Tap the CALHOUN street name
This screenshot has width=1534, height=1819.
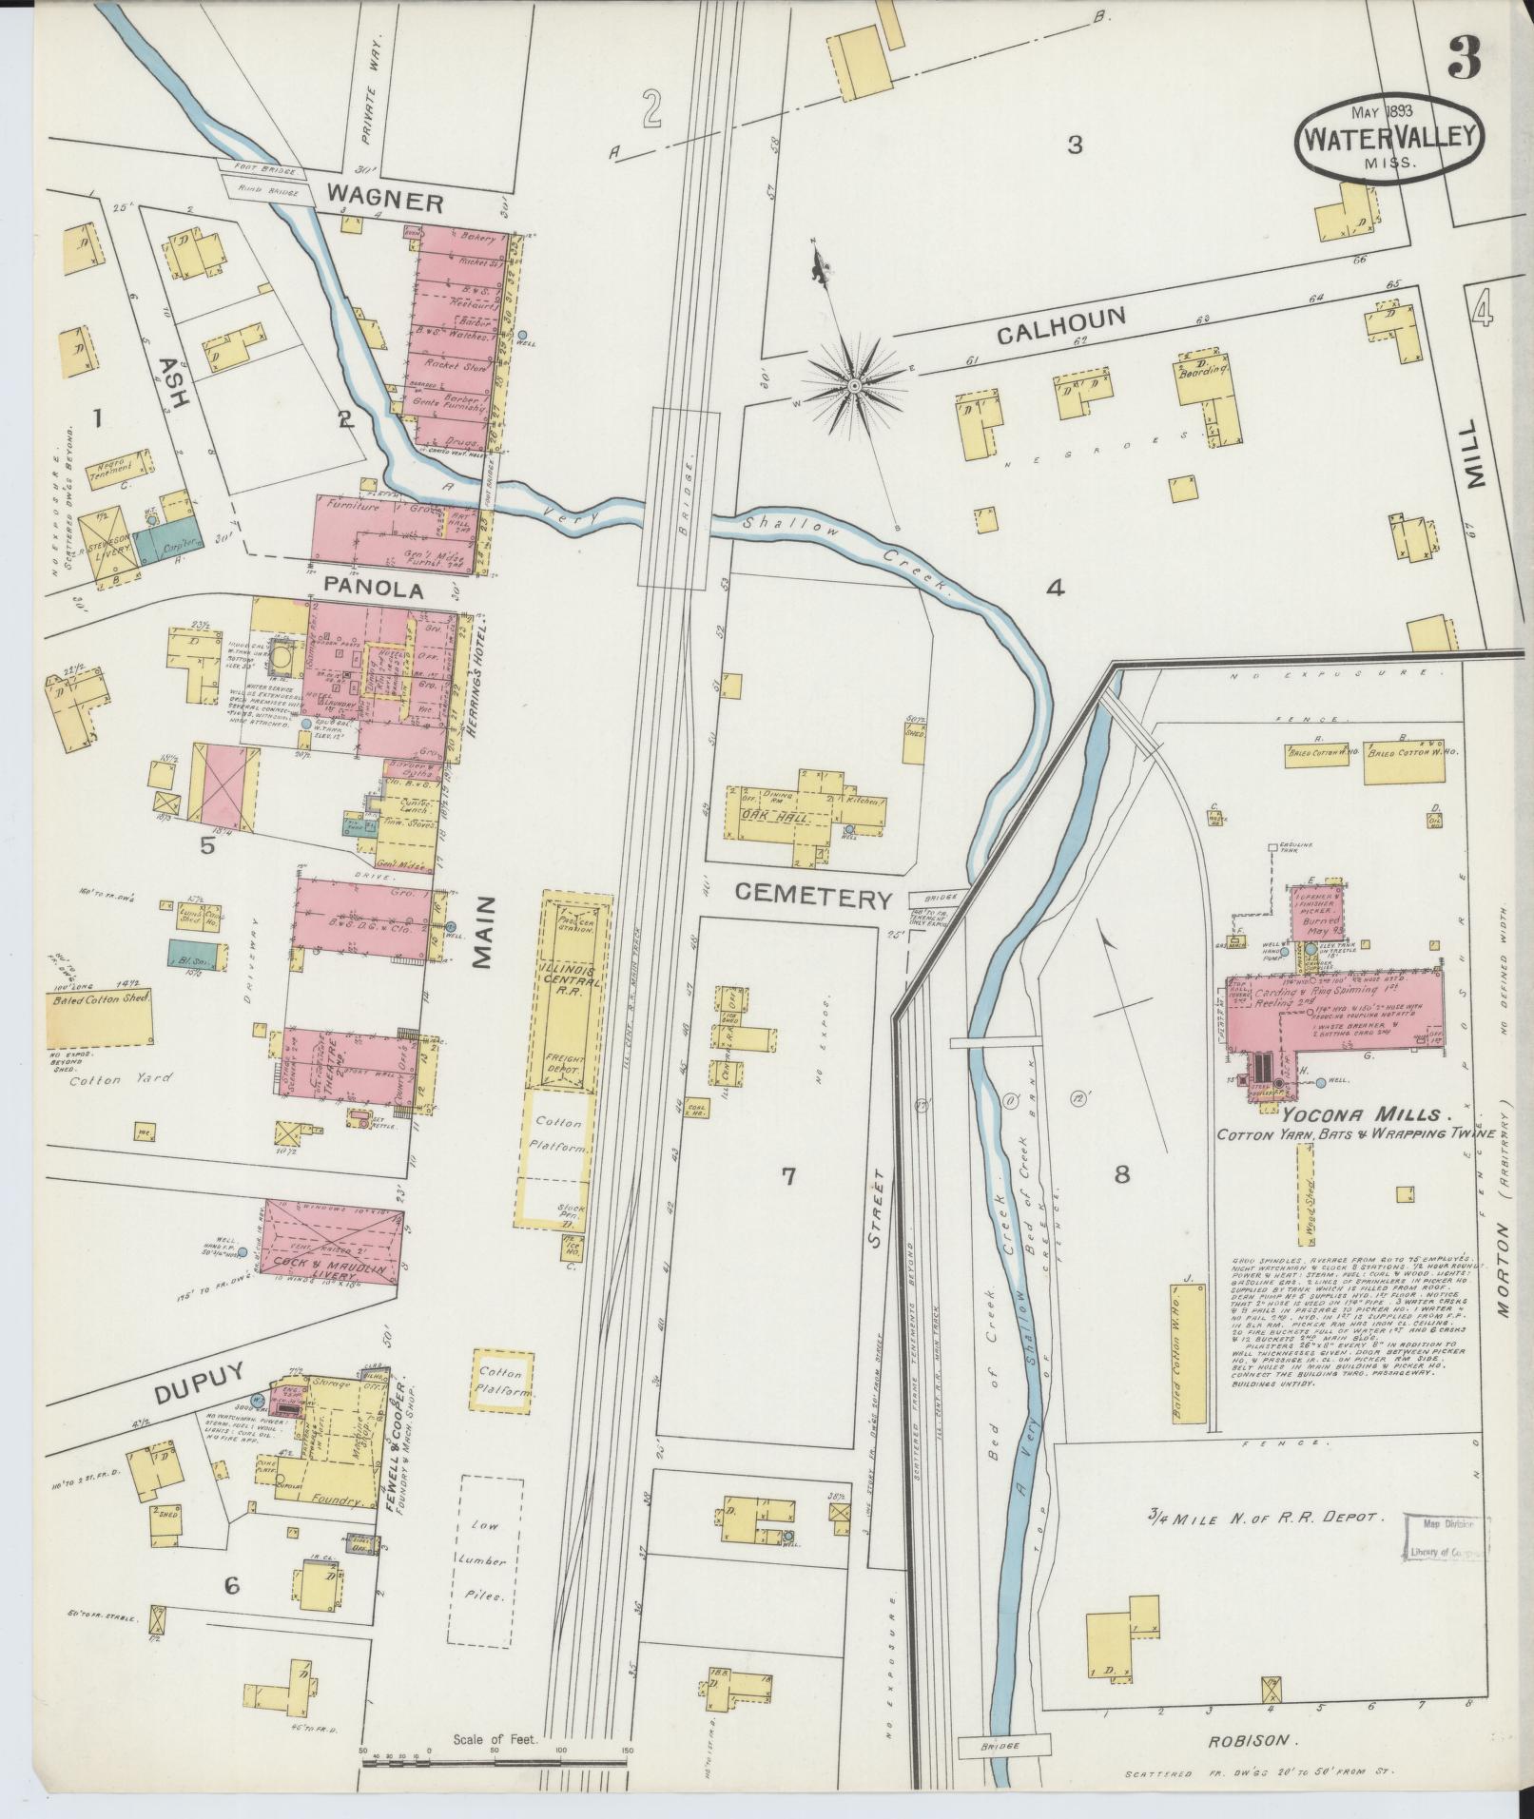click(x=1061, y=326)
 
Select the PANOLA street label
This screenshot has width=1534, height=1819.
click(x=373, y=590)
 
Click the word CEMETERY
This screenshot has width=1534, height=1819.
click(x=814, y=897)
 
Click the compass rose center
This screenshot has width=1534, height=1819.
click(x=854, y=385)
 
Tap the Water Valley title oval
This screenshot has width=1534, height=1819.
click(x=1389, y=137)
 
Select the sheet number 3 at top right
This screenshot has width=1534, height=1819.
click(x=1464, y=59)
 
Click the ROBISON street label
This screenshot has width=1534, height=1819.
click(x=1253, y=1767)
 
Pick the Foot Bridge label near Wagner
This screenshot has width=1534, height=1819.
click(x=261, y=174)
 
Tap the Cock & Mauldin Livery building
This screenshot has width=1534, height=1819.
click(x=332, y=1243)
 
